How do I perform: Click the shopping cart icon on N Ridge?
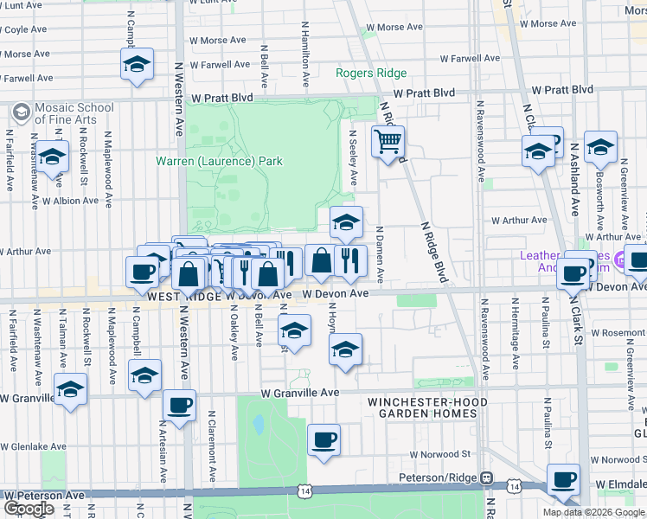(388, 141)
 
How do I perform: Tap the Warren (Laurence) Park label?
(219, 161)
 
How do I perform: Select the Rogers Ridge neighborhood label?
(371, 74)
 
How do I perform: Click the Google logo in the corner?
(29, 508)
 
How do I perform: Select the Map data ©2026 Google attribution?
(593, 512)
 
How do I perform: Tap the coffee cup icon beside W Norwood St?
(323, 440)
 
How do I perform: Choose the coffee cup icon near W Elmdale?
(564, 480)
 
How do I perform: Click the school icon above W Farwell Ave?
(137, 65)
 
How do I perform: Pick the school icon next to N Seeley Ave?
(346, 223)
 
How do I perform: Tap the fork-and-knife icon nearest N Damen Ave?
(350, 260)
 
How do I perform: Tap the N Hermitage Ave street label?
(515, 337)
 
